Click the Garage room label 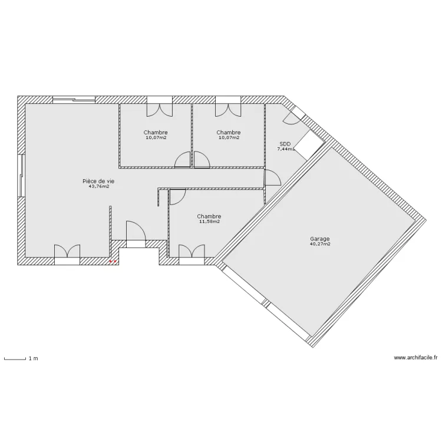[x=319, y=239]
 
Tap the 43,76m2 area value [x=98, y=186]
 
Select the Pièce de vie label [x=98, y=181]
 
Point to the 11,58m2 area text [x=209, y=222]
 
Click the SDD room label [x=285, y=144]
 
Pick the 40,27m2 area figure [x=320, y=244]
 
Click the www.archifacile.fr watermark [x=415, y=358]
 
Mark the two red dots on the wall [x=113, y=261]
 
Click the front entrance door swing [x=136, y=230]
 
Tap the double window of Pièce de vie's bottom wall [x=67, y=254]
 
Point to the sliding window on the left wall [x=21, y=175]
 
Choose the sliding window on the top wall [x=74, y=99]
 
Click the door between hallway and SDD [x=272, y=177]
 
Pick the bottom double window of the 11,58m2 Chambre [x=192, y=254]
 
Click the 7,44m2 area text [x=286, y=149]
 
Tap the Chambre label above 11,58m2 [x=209, y=216]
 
